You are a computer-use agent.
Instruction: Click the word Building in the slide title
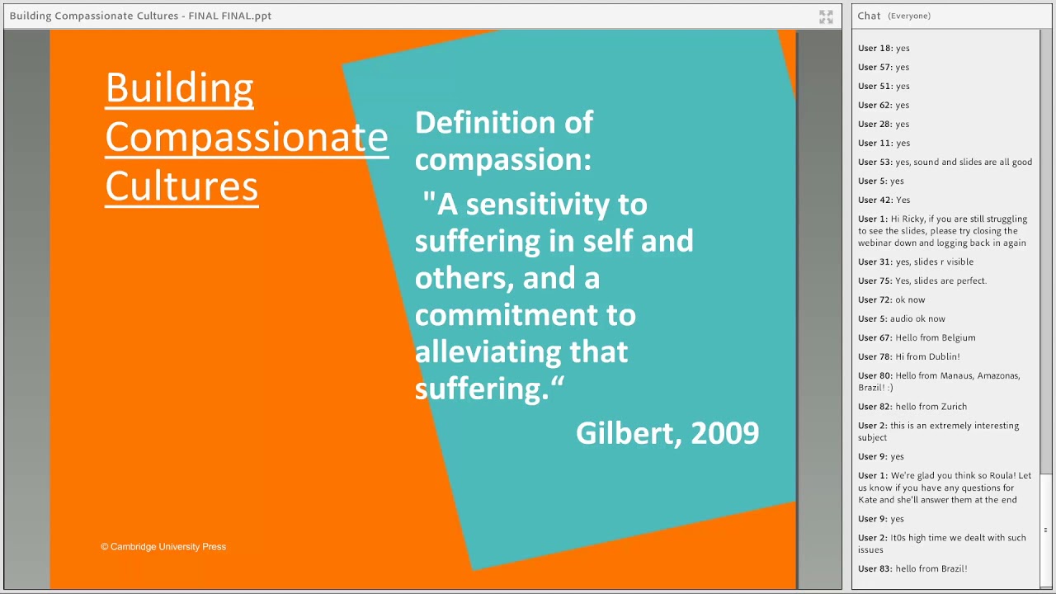(x=179, y=88)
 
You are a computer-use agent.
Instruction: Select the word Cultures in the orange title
(x=181, y=186)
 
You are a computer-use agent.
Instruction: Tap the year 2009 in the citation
(x=724, y=433)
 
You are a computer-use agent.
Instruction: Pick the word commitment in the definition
(x=525, y=315)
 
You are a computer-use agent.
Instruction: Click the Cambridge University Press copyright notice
(x=163, y=547)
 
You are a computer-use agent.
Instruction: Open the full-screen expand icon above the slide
(x=826, y=16)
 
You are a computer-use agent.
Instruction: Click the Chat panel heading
(x=869, y=16)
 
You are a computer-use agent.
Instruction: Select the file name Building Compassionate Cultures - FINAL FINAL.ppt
(x=140, y=16)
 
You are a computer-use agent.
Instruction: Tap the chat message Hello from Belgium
(x=935, y=338)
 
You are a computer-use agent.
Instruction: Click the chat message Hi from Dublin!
(x=927, y=357)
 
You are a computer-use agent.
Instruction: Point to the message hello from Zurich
(x=931, y=407)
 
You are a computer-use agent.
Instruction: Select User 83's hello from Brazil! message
(x=931, y=569)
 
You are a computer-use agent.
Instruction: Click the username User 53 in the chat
(x=874, y=163)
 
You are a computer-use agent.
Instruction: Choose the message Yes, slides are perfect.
(x=940, y=281)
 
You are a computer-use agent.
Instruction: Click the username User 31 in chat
(x=874, y=262)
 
